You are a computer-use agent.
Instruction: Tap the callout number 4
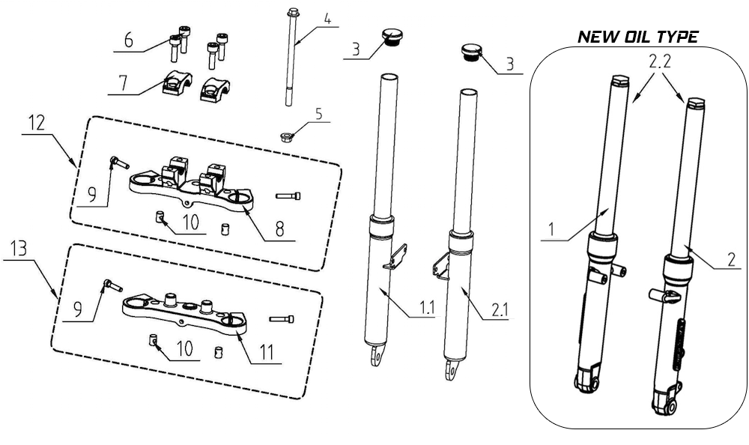[x=327, y=18]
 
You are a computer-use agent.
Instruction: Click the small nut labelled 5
[x=285, y=137]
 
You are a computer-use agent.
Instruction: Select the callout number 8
[x=279, y=229]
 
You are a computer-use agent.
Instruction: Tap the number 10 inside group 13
[x=185, y=348]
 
